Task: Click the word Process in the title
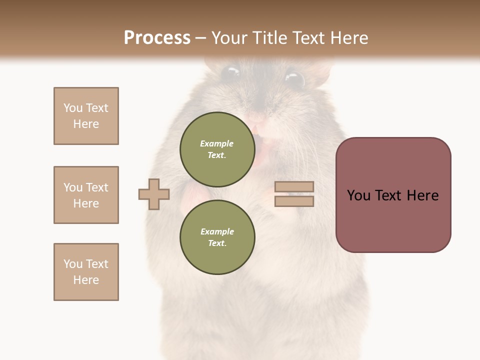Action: (x=157, y=37)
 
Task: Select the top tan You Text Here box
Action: (x=86, y=116)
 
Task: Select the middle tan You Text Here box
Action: (x=86, y=195)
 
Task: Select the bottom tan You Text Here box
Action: (x=86, y=272)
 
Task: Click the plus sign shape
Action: (x=154, y=194)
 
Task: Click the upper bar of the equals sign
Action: (x=294, y=186)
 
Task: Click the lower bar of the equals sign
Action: (x=294, y=201)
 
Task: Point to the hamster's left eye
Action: (x=230, y=73)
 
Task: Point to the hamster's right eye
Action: (x=294, y=79)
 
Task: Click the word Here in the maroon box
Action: (x=423, y=195)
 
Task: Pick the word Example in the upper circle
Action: (x=217, y=143)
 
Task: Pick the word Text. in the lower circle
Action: (x=217, y=243)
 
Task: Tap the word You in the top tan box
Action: (x=72, y=108)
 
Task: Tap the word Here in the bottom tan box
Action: (x=86, y=280)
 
